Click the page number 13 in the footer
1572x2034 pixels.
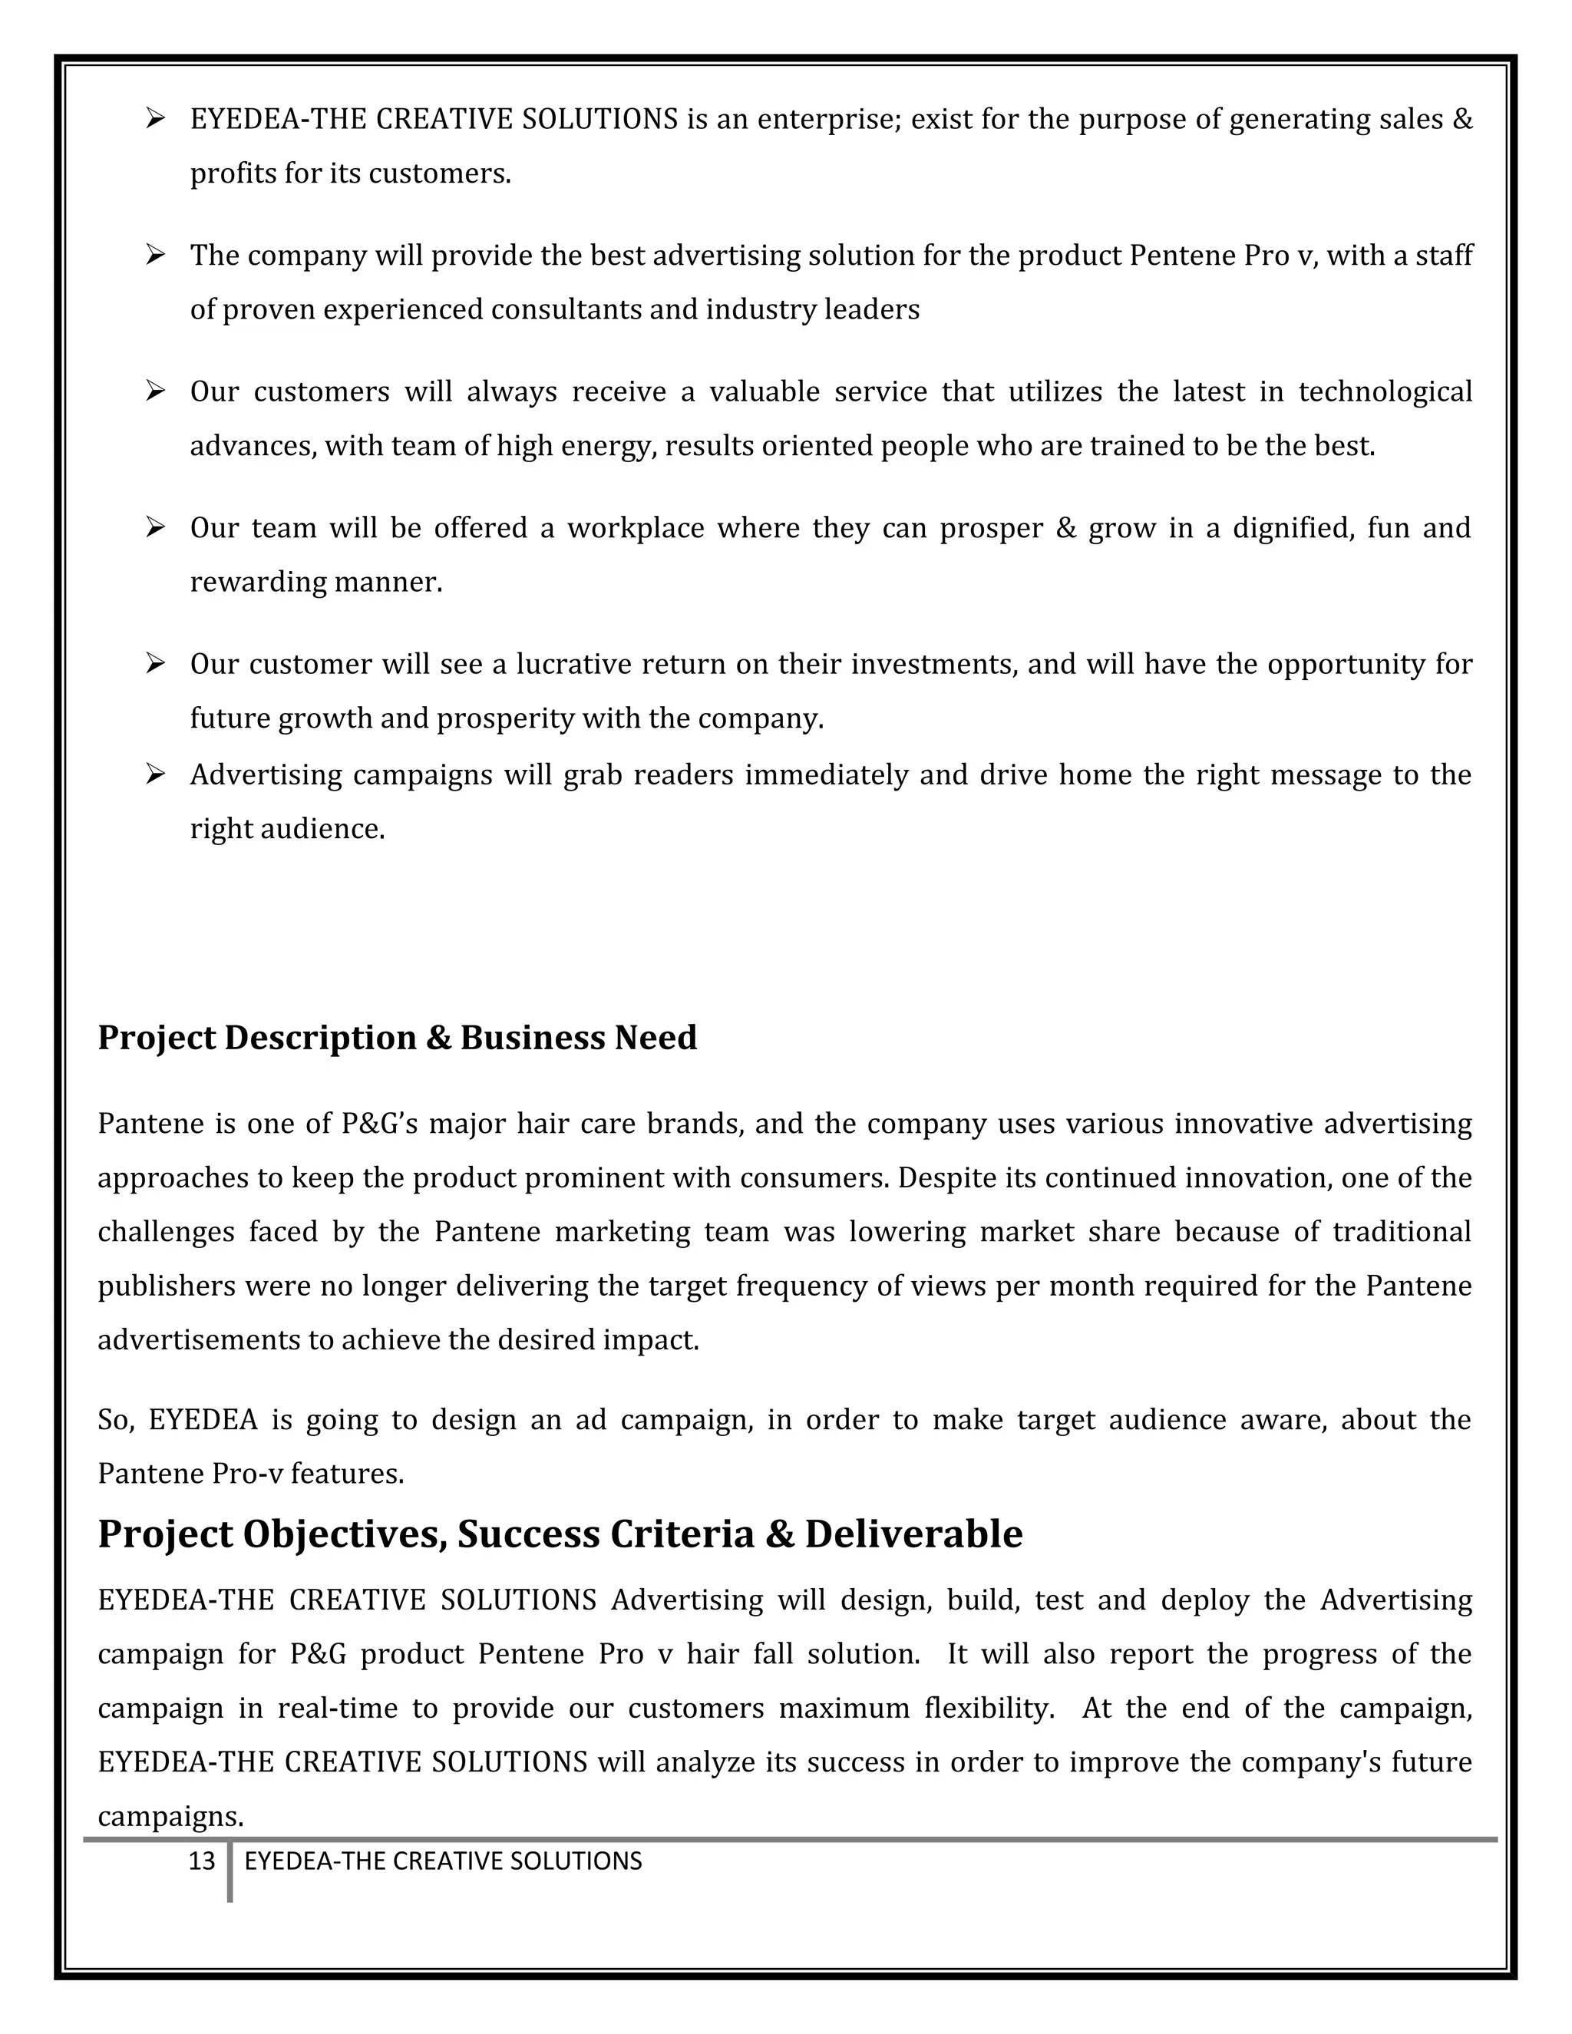pos(201,1861)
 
